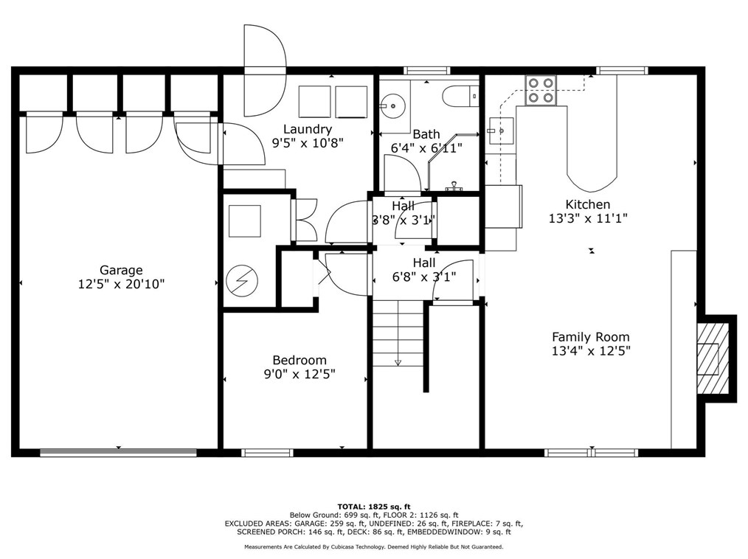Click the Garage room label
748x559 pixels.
pyautogui.click(x=121, y=271)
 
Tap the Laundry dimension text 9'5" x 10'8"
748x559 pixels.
pyautogui.click(x=308, y=142)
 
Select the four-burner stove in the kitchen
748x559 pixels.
pyautogui.click(x=541, y=90)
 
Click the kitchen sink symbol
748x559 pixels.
pyautogui.click(x=500, y=131)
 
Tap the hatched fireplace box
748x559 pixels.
pyautogui.click(x=713, y=358)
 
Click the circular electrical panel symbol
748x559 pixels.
pyautogui.click(x=242, y=281)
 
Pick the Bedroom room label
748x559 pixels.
pyautogui.click(x=299, y=360)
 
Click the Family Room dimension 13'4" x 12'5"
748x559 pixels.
pyautogui.click(x=591, y=351)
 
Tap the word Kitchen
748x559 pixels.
pyautogui.click(x=588, y=204)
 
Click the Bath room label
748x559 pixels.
pyautogui.click(x=426, y=134)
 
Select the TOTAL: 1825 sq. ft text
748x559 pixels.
pyautogui.click(x=374, y=507)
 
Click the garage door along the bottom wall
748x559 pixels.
pyautogui.click(x=118, y=453)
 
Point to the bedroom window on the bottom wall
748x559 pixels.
pyautogui.click(x=267, y=453)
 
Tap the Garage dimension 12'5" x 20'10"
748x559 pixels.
pyautogui.click(x=121, y=284)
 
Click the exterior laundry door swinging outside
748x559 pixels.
pyautogui.click(x=265, y=70)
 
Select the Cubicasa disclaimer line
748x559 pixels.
pyautogui.click(x=374, y=547)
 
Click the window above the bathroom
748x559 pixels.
pyautogui.click(x=427, y=71)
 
